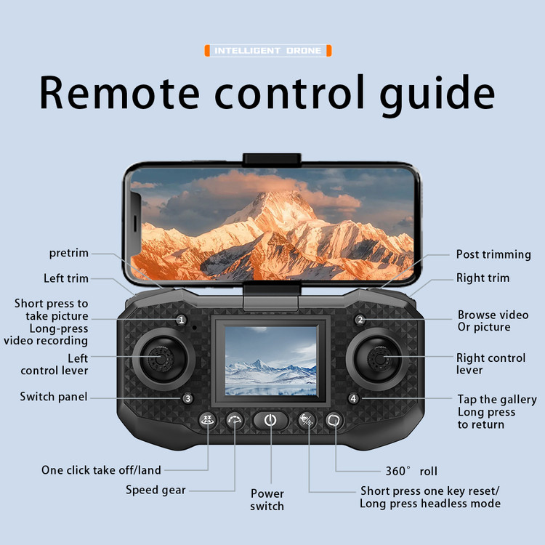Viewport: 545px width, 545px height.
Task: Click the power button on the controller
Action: click(270, 420)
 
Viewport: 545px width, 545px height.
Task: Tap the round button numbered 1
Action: click(181, 320)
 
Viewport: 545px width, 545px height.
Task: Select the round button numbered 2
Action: click(360, 320)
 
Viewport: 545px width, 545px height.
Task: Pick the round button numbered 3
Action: click(187, 398)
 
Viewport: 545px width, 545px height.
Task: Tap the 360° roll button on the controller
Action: click(334, 420)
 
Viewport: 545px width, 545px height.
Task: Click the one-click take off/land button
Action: click(208, 420)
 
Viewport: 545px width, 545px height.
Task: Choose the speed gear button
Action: click(235, 420)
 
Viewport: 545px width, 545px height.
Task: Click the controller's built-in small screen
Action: click(271, 360)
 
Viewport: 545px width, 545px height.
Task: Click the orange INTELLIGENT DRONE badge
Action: click(268, 51)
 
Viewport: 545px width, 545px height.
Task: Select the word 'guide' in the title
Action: click(437, 93)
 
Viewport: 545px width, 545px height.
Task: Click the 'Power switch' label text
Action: click(267, 500)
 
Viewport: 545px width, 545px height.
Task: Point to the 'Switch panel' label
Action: click(54, 397)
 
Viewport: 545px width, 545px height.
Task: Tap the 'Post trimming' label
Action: click(493, 254)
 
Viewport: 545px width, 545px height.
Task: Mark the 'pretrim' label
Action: click(69, 253)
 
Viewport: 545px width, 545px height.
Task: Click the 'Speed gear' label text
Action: click(156, 490)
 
